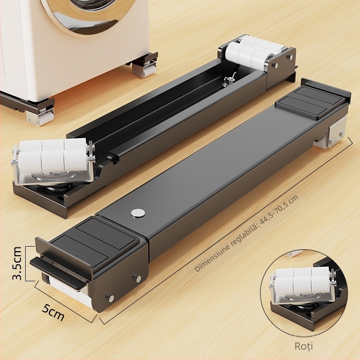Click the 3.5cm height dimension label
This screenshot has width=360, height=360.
[17, 263]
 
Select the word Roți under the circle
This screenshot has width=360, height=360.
[303, 346]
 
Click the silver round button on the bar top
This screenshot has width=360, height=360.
[138, 213]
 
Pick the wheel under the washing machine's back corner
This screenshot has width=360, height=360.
[144, 70]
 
